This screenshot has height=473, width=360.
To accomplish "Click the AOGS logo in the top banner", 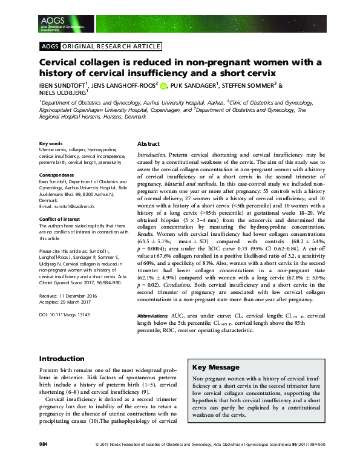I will (54, 21).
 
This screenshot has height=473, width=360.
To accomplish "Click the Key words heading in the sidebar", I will (51, 143).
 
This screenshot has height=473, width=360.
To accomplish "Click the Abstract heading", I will (148, 145).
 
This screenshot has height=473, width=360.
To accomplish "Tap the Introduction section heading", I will (62, 358).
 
